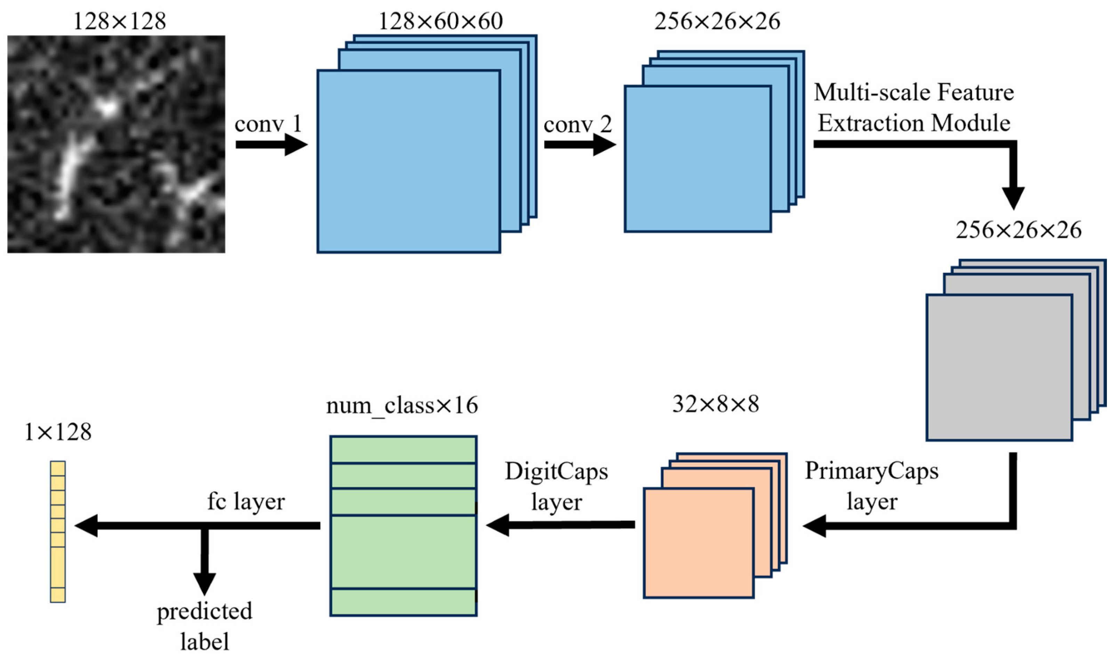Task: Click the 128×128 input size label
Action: (x=119, y=21)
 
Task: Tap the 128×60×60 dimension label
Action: (x=441, y=21)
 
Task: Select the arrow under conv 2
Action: (x=579, y=145)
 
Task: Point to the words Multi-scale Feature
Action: (x=914, y=92)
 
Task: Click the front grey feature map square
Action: (x=999, y=368)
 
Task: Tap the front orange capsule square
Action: (x=698, y=543)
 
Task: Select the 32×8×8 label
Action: (x=715, y=404)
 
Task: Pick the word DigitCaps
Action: (x=556, y=472)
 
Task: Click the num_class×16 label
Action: (x=402, y=406)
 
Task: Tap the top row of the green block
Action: (x=403, y=450)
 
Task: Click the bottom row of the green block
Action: (x=403, y=602)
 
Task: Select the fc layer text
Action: (x=246, y=502)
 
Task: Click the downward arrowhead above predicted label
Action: (x=204, y=582)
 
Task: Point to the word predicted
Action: (x=204, y=611)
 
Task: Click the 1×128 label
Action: (x=58, y=432)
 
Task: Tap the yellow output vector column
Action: (x=58, y=532)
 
